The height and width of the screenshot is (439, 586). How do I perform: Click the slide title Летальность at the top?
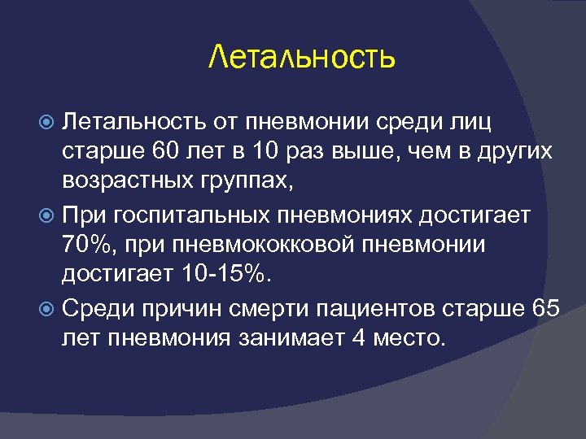coord(302,57)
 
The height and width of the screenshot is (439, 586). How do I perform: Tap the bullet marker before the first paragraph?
coord(49,123)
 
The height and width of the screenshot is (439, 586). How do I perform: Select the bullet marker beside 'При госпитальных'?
coord(49,215)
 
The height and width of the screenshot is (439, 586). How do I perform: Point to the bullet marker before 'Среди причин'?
coord(49,309)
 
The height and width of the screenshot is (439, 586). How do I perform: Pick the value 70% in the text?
coord(84,246)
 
